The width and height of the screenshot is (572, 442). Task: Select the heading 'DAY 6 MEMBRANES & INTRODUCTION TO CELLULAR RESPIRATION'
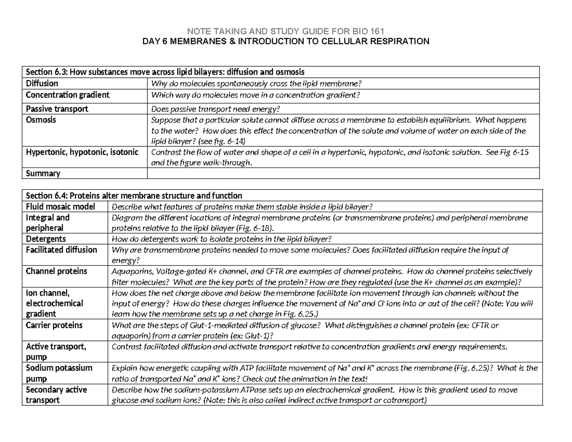click(286, 41)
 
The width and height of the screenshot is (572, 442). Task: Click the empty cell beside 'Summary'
click(343, 174)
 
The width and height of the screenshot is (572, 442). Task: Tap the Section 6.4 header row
click(134, 195)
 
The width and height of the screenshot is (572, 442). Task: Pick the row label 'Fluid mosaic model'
click(61, 206)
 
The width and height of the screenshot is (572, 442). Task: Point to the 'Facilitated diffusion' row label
click(61, 249)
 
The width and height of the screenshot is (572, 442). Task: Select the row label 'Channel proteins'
click(56, 271)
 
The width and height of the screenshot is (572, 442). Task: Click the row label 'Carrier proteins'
click(54, 325)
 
